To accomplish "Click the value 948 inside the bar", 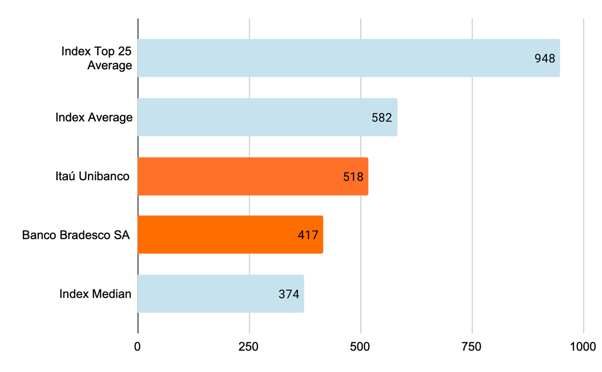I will [544, 59].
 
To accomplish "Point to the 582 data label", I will [382, 118].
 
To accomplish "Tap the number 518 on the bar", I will [353, 176].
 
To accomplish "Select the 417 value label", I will [308, 235].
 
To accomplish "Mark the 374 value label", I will [289, 294].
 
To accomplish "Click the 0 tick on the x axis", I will [138, 347].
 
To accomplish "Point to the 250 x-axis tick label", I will [249, 347].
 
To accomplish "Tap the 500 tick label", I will [361, 347].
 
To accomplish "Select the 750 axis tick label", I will [472, 347].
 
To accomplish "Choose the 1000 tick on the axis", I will [583, 347].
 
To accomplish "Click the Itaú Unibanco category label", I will [92, 176].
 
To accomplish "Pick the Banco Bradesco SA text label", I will [76, 235].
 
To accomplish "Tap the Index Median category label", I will [95, 294].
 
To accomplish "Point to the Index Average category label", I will [94, 117].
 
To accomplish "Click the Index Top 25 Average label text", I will [97, 58].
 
